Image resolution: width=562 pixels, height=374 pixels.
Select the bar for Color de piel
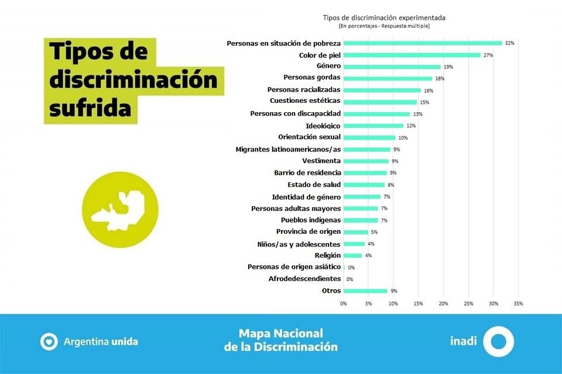[412, 55]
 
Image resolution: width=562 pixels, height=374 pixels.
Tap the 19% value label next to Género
[448, 67]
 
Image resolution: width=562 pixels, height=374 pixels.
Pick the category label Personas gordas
[312, 78]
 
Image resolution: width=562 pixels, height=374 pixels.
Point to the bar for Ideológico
[373, 126]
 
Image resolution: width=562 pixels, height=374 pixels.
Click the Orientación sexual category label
[310, 137]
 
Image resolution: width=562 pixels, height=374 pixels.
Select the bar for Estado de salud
[364, 185]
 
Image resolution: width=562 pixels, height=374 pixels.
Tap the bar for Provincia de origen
[356, 232]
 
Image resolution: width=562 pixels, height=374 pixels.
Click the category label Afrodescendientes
[304, 279]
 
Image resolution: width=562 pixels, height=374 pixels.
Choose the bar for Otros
[365, 291]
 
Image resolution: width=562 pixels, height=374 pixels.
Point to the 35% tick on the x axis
[518, 304]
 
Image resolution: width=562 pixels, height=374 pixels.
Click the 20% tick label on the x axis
[443, 304]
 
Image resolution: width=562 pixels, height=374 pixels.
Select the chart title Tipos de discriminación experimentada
[384, 18]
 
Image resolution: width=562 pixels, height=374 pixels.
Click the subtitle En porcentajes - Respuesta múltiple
[384, 26]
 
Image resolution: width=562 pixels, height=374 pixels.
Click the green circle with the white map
[120, 209]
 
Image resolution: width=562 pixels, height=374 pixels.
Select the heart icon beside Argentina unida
[49, 341]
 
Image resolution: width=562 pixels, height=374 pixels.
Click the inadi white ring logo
[499, 342]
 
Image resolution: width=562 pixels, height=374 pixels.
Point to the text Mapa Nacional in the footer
[280, 334]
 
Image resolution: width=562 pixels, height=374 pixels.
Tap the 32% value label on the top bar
[509, 43]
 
